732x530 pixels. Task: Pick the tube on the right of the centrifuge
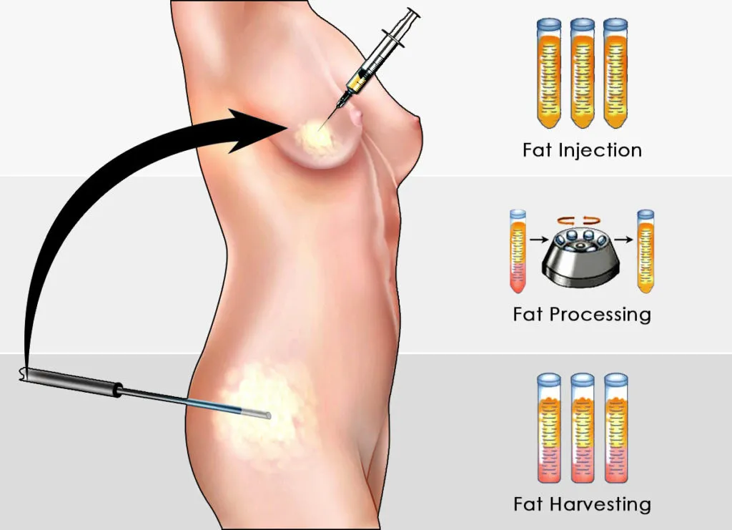pyautogui.click(x=646, y=250)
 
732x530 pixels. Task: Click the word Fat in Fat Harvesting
pyautogui.click(x=528, y=504)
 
